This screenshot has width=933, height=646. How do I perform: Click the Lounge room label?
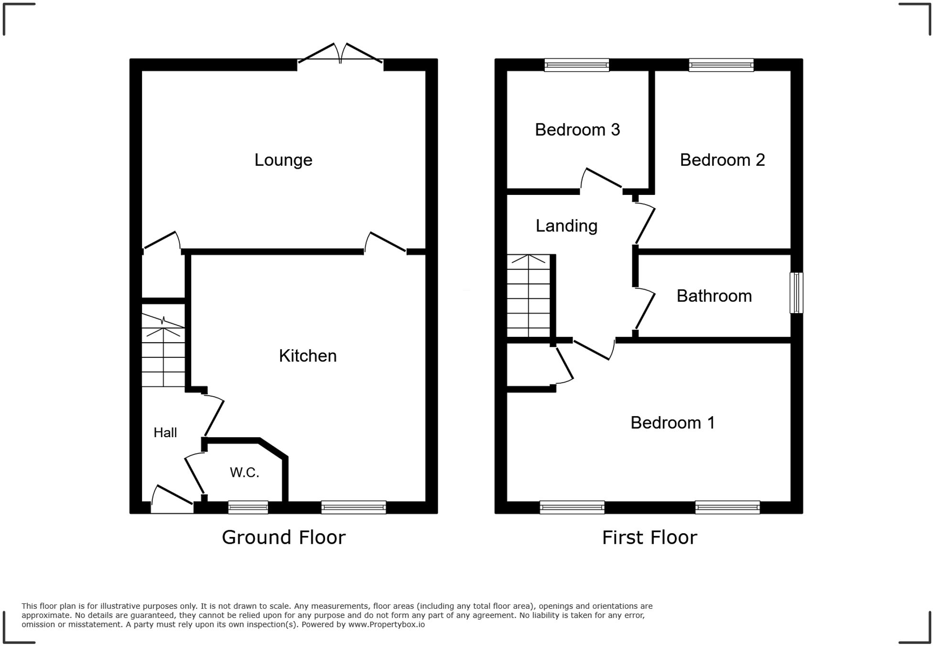click(x=283, y=160)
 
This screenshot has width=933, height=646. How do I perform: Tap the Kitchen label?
click(x=307, y=356)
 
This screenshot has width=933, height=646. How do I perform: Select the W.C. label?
click(x=244, y=473)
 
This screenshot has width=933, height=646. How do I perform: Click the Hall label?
click(x=165, y=432)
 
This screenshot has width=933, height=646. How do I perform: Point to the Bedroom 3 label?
click(x=577, y=130)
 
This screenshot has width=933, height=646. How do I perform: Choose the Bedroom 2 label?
click(x=722, y=160)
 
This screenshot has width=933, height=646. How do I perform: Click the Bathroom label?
click(x=714, y=296)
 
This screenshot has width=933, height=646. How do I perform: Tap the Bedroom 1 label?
click(x=672, y=423)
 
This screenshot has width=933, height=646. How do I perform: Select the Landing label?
click(x=566, y=226)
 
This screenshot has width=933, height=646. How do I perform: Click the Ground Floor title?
click(x=283, y=538)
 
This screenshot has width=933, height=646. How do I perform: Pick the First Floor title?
click(x=649, y=538)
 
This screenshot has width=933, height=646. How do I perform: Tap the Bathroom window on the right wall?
click(x=796, y=292)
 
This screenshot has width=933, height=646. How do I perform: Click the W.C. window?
click(x=248, y=507)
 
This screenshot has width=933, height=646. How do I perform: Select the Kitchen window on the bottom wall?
click(x=353, y=507)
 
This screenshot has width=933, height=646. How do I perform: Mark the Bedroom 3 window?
click(x=576, y=65)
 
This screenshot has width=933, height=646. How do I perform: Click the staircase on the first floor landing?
click(x=528, y=296)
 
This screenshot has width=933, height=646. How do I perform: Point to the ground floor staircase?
click(x=163, y=351)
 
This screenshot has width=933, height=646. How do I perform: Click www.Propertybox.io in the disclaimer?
click(x=386, y=624)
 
